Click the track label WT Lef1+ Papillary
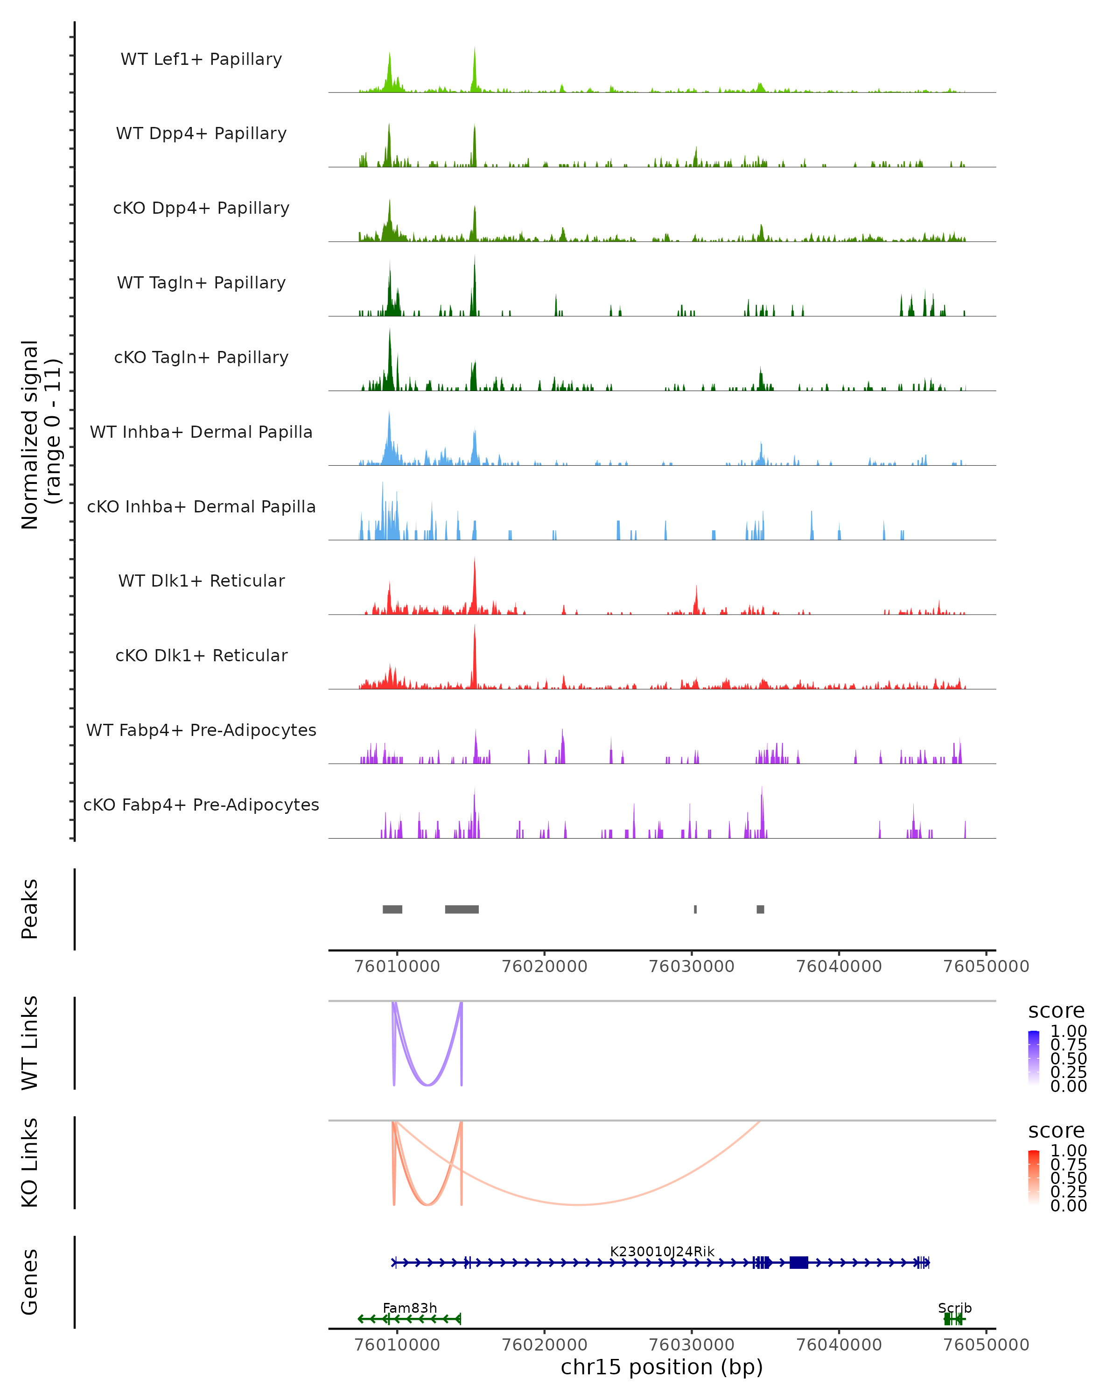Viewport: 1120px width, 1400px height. [x=201, y=59]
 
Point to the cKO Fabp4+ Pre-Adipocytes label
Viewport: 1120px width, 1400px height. [x=201, y=805]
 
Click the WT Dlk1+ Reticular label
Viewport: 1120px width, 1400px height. [x=201, y=581]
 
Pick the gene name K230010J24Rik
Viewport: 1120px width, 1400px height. [x=662, y=1251]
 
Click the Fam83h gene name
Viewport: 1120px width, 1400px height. [x=410, y=1308]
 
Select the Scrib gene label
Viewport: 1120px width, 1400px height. [x=954, y=1308]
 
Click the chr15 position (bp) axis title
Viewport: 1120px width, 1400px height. [x=662, y=1367]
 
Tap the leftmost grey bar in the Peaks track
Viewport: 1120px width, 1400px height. [x=392, y=909]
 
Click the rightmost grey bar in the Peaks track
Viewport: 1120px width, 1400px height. [x=760, y=909]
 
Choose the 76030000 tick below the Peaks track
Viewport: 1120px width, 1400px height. [x=692, y=966]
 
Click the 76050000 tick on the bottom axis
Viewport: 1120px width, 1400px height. [x=986, y=1344]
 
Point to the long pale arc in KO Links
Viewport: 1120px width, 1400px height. [x=578, y=1204]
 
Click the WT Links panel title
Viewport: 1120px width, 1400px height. [x=30, y=1043]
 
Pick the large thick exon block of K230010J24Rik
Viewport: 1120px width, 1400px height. [x=798, y=1262]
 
